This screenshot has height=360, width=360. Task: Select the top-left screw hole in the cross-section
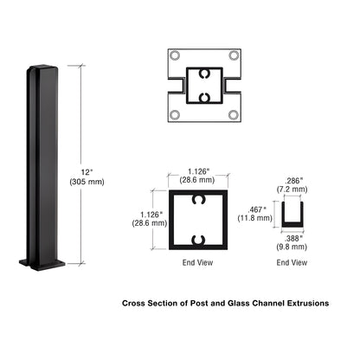[x=176, y=55]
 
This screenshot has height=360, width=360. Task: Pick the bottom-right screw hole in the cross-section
[x=234, y=115]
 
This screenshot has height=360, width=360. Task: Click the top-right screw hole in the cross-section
[x=234, y=55]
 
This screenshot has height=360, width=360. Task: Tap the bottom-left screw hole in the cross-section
[x=176, y=115]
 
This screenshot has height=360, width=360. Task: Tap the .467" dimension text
[x=258, y=209]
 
